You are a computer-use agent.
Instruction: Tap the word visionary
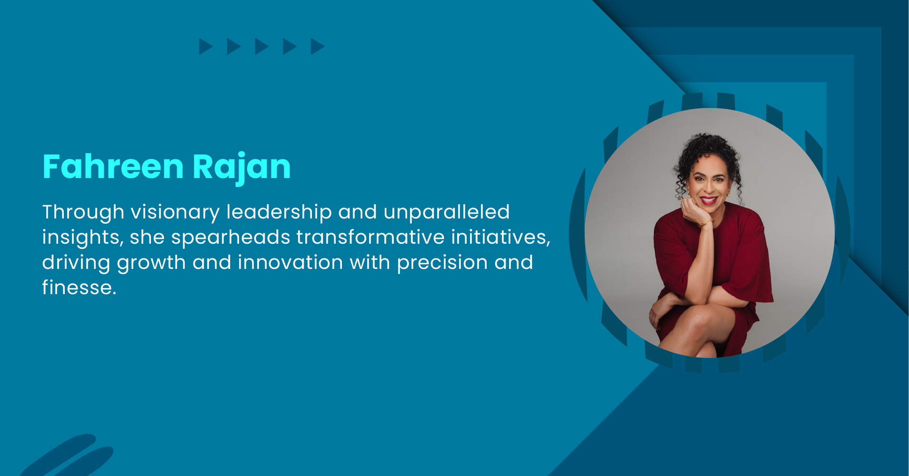[x=175, y=212]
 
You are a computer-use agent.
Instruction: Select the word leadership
[x=279, y=212]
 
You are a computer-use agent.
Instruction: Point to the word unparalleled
[x=447, y=212]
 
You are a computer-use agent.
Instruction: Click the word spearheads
[x=230, y=238]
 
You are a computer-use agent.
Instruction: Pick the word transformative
[x=370, y=238]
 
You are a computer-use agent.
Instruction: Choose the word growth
[x=151, y=263]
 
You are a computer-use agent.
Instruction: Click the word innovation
[x=290, y=263]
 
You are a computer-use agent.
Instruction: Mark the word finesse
[x=79, y=288]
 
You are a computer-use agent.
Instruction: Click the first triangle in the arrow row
[x=205, y=47]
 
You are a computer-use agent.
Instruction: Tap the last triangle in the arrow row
[x=317, y=47]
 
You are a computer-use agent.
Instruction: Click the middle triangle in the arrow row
[x=261, y=47]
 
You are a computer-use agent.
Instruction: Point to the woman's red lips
[x=708, y=200]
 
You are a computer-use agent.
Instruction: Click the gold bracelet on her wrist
[x=706, y=222]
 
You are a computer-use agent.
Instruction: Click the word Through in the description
[x=83, y=212]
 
